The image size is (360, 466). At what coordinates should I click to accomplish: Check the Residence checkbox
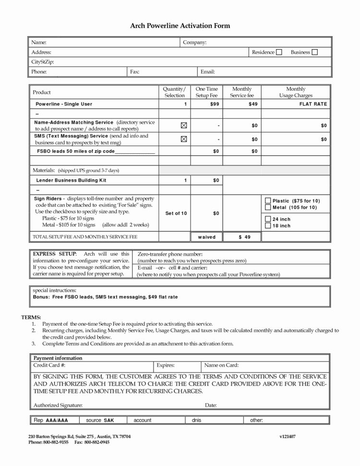(279, 52)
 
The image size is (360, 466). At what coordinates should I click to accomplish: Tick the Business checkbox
(315, 52)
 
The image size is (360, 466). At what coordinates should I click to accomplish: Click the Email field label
(207, 72)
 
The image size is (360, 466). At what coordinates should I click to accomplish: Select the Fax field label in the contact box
(134, 72)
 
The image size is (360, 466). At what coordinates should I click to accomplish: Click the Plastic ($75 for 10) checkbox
(268, 200)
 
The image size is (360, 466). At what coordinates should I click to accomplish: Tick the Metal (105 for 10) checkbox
(268, 207)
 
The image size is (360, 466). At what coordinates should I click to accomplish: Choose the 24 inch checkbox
(268, 219)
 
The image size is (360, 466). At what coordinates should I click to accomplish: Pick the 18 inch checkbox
(268, 225)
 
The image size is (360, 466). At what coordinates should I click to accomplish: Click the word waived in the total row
(207, 237)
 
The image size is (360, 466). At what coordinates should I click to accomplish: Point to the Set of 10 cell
(176, 213)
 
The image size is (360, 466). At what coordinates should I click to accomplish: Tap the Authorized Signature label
(58, 405)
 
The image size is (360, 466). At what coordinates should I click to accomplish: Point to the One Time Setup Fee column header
(207, 92)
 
